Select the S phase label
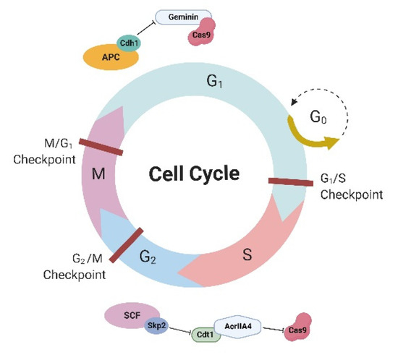248,254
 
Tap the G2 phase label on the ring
147,255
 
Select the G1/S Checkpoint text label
351,186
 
